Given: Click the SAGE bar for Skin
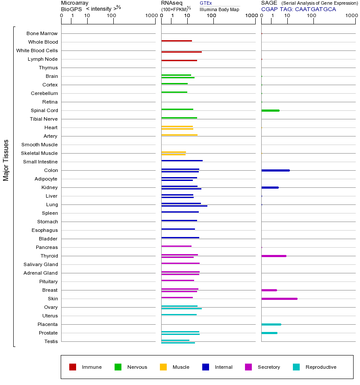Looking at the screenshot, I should tap(279, 299).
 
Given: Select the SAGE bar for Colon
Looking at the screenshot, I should tap(275, 170).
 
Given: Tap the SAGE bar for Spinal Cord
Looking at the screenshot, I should tap(270, 110).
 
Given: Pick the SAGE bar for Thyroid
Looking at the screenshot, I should tap(274, 256).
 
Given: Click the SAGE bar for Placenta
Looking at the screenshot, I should tap(271, 324).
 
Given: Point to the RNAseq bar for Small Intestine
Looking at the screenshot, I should tap(182, 160).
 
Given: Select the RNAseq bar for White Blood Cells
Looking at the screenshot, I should tap(181, 52).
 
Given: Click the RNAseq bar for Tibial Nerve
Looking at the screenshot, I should tap(179, 118).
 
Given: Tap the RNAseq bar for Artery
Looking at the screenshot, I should tap(179, 135).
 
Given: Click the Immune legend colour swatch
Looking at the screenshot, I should tap(73, 367).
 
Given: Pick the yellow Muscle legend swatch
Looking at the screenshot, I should tap(163, 367).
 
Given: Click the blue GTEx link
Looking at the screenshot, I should tap(206, 3).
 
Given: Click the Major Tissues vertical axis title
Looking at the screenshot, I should tap(6, 160).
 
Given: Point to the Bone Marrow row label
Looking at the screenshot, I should tap(42, 33).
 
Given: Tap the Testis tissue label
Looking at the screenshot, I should tap(51, 341).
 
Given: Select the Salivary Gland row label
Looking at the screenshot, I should tap(41, 264).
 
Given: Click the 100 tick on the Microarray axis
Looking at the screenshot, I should tap(111, 16).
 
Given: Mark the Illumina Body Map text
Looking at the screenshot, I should tap(219, 9).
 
